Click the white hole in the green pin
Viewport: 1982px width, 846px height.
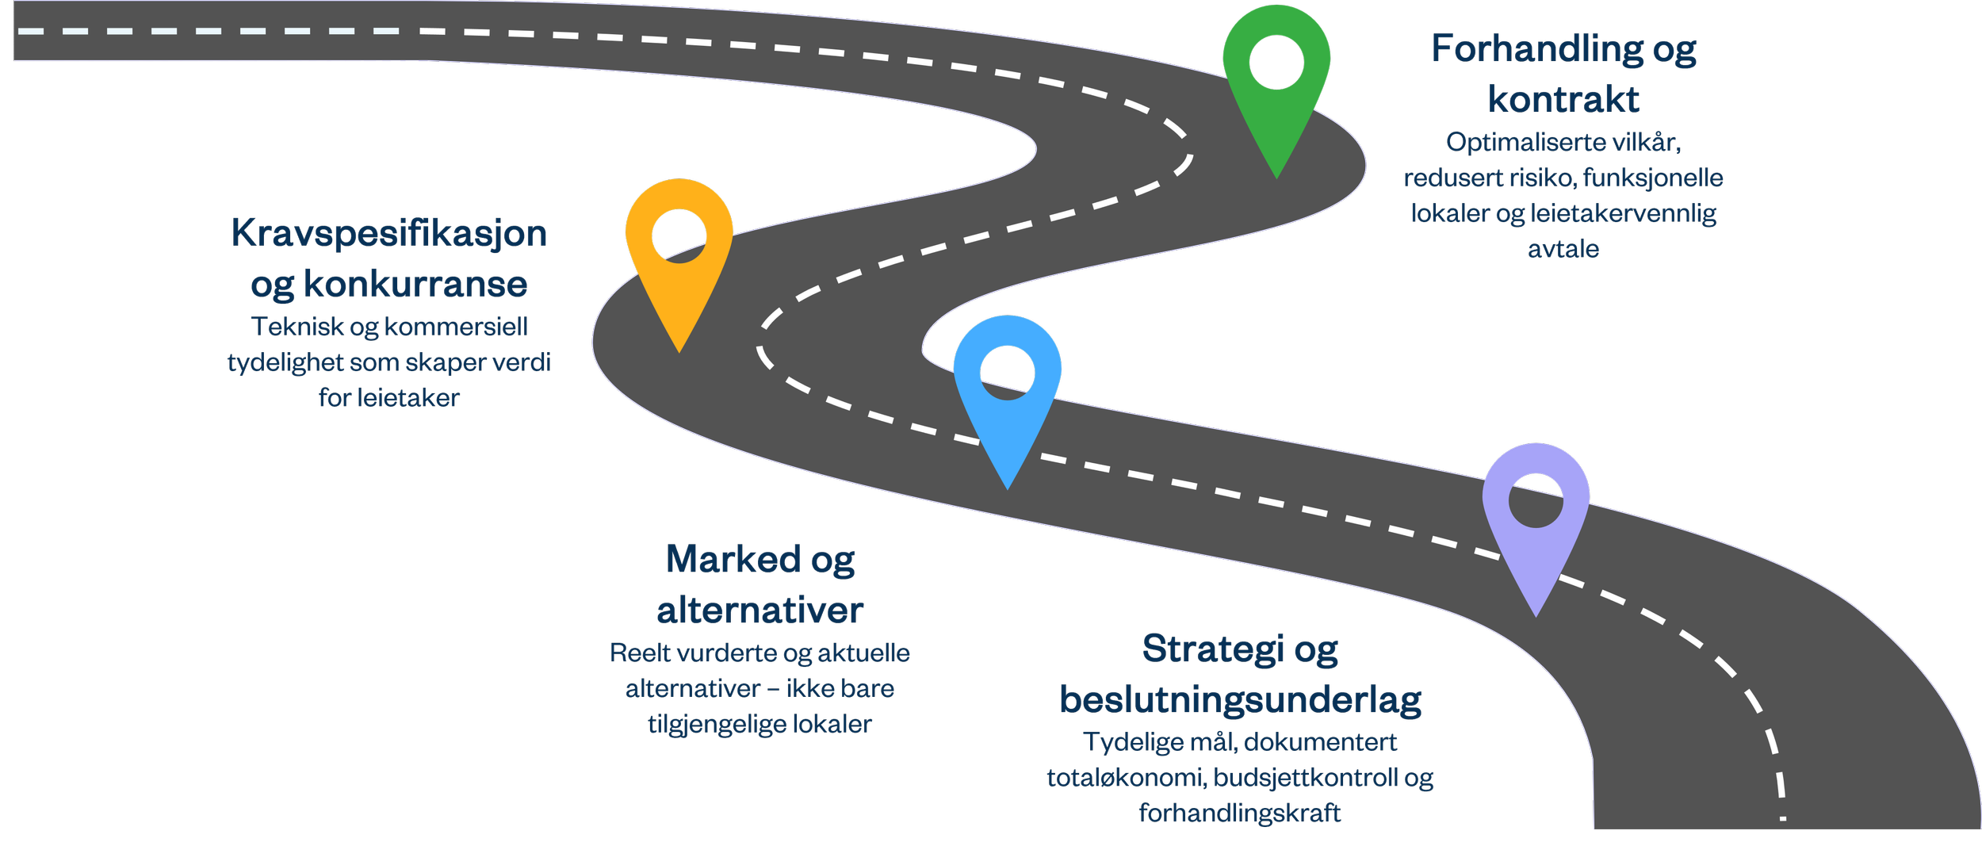click(1276, 62)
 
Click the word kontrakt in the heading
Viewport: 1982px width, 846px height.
click(1563, 99)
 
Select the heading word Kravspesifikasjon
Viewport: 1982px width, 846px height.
click(389, 234)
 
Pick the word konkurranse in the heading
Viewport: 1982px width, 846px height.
click(415, 285)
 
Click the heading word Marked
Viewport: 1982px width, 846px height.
click(733, 559)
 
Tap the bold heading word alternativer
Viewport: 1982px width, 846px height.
click(760, 611)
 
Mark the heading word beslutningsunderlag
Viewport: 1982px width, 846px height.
click(1241, 700)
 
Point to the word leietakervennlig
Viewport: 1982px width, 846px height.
click(1624, 214)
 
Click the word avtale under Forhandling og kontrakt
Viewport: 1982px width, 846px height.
click(1563, 250)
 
